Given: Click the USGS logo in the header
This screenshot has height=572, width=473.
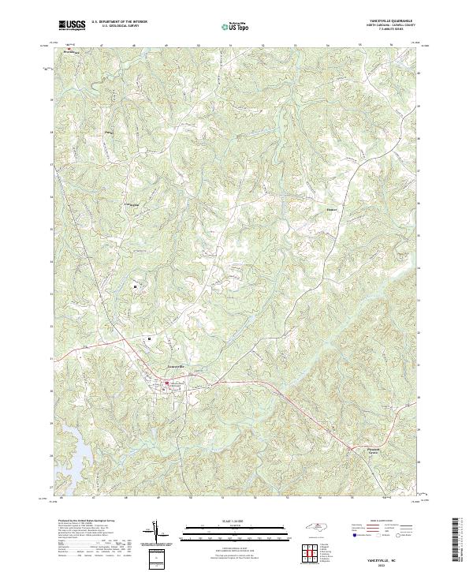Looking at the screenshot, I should tap(72, 25).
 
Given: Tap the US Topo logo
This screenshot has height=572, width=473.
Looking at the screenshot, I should tap(238, 26).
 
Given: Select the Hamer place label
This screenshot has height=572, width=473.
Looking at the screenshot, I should tap(331, 210).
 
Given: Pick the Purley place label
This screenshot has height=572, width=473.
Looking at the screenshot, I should tap(109, 133).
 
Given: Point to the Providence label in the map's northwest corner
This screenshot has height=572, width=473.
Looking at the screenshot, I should tap(74, 52).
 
